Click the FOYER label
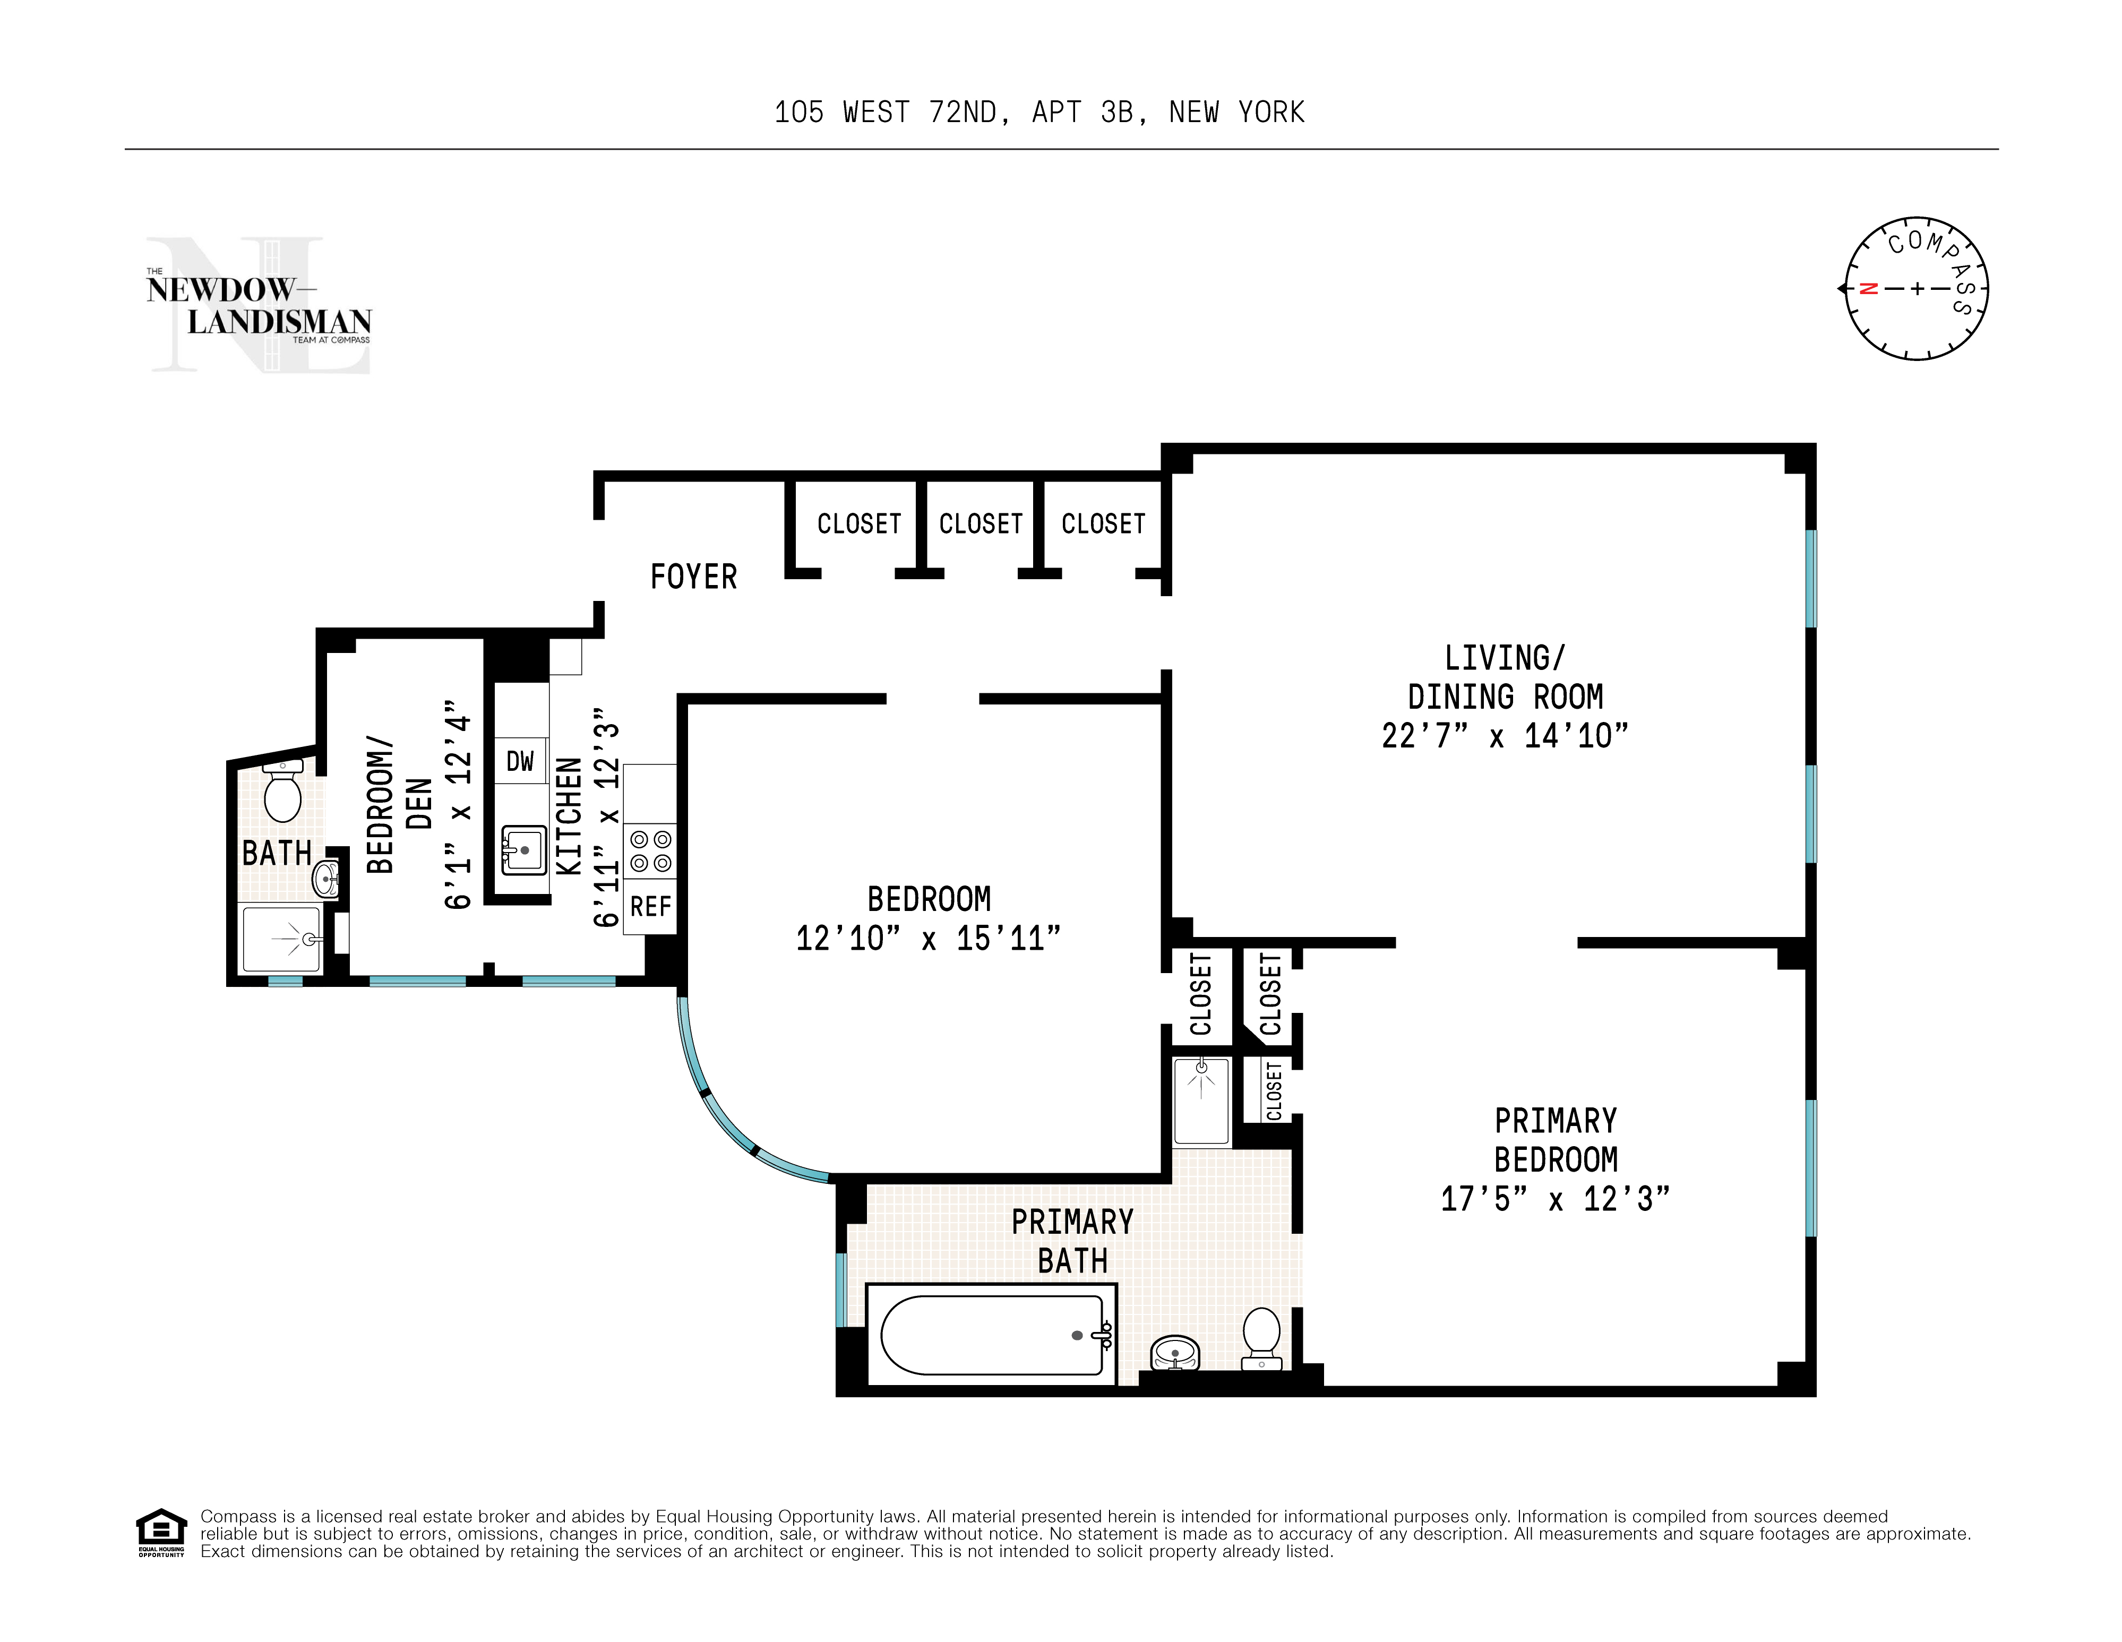point(693,577)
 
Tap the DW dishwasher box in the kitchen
point(520,761)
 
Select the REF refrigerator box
point(650,907)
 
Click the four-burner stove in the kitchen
point(650,850)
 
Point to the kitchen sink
point(523,850)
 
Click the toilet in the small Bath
point(283,793)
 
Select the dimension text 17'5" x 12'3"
point(1554,1199)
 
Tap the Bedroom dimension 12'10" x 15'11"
point(928,939)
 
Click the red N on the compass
point(1867,289)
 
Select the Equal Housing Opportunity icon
point(160,1533)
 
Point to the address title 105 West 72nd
point(1038,113)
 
